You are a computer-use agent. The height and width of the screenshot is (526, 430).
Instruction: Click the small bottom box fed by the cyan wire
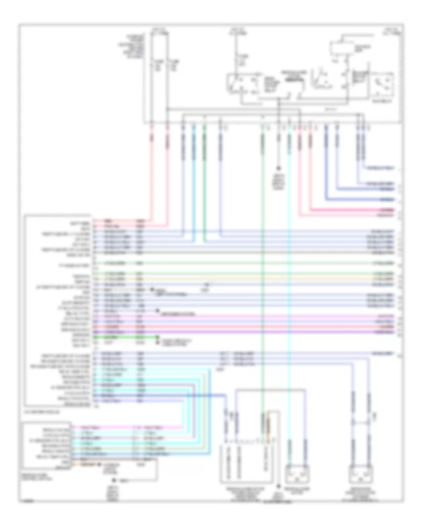point(296,474)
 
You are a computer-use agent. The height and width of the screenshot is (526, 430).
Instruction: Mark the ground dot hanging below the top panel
point(279,168)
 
